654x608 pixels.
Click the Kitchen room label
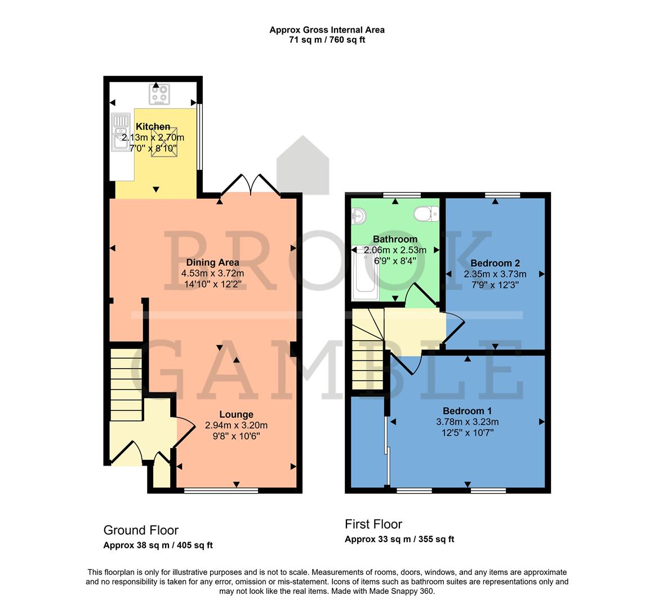(x=153, y=127)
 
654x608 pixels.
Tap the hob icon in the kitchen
(x=160, y=94)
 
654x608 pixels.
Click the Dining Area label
(x=212, y=262)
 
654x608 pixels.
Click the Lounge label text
(x=236, y=414)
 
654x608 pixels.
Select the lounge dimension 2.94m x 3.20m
(x=236, y=425)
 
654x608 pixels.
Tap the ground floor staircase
(x=126, y=384)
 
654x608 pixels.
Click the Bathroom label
(x=395, y=239)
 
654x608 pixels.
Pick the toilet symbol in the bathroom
(x=426, y=214)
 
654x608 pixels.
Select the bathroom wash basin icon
(x=358, y=214)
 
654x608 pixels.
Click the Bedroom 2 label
(x=495, y=263)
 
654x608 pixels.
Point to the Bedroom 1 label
(x=467, y=410)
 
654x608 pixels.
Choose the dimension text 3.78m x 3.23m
(x=467, y=422)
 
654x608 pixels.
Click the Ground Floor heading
(x=141, y=530)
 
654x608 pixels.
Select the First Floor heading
(x=373, y=524)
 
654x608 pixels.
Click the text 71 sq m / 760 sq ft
(x=327, y=40)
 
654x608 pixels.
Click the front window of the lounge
(x=221, y=490)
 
